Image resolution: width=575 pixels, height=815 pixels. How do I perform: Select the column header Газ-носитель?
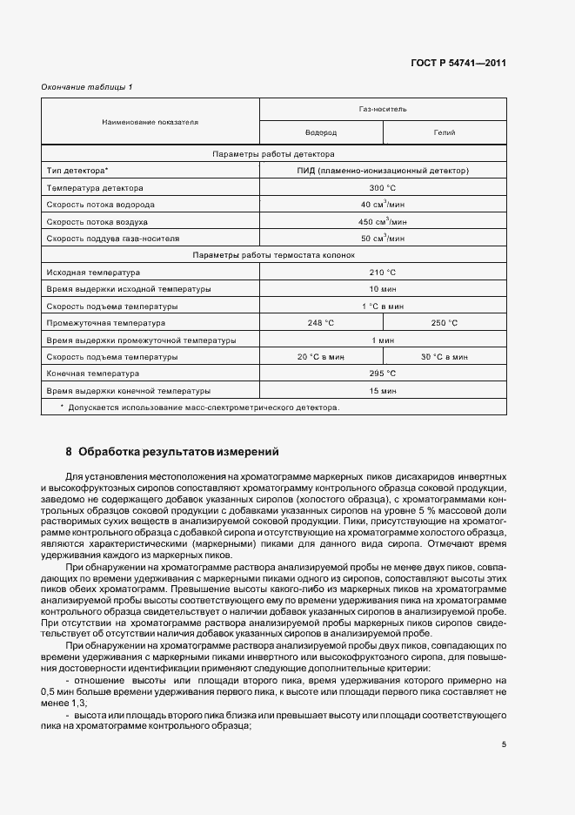(x=383, y=109)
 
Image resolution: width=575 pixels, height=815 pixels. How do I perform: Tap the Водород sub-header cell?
(x=321, y=132)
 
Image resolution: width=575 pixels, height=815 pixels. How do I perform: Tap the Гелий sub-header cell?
(x=445, y=132)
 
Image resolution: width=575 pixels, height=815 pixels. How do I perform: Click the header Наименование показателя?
(x=150, y=121)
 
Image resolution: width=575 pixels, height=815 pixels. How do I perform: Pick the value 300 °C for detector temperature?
(x=383, y=187)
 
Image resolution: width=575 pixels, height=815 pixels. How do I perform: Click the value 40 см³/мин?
(x=383, y=204)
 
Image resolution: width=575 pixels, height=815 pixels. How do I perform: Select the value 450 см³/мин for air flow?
(x=383, y=220)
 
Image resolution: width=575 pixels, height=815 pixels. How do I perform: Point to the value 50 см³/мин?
(x=383, y=237)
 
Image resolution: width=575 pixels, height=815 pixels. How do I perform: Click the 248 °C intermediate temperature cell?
(x=321, y=322)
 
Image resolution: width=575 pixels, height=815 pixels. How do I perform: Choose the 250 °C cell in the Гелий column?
(x=445, y=322)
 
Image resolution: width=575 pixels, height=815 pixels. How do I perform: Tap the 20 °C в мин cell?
(x=321, y=356)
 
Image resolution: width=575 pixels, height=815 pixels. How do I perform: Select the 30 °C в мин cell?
(x=445, y=356)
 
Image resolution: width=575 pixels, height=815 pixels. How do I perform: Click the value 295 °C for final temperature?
(x=383, y=373)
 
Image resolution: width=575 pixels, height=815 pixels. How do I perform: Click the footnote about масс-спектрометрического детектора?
(x=200, y=407)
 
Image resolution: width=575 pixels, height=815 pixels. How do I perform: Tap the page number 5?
(x=504, y=744)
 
